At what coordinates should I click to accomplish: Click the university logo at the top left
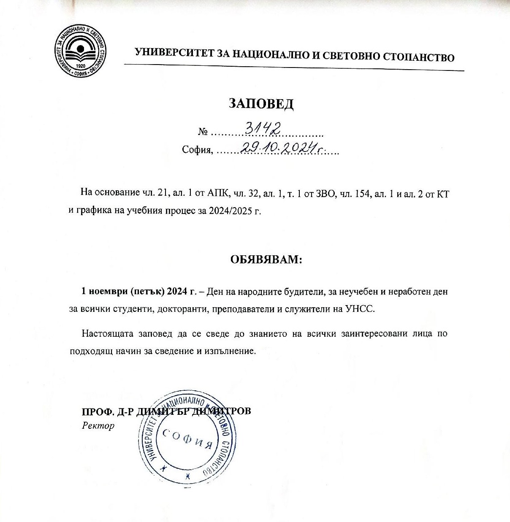coord(80,51)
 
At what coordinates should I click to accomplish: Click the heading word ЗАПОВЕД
coord(261,103)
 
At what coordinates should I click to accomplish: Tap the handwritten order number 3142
coord(263,127)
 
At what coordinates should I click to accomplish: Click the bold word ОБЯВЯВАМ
coord(266,259)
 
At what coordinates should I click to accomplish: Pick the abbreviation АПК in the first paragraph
coord(217,193)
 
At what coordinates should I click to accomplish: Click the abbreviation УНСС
coord(360,308)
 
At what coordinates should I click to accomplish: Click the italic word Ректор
coord(98,425)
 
